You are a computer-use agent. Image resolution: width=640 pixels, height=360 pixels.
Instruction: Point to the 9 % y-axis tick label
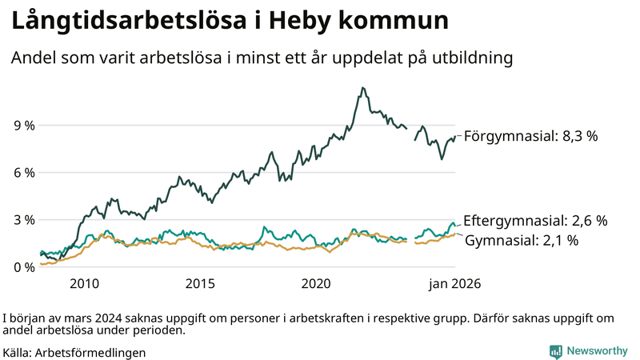24,126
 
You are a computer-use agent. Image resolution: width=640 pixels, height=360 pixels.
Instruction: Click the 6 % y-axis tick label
24,173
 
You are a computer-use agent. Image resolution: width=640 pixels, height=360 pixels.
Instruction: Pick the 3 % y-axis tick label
24,220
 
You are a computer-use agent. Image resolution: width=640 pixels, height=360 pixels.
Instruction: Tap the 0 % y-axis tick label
24,267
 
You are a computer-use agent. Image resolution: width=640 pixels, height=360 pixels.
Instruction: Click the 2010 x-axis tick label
85,284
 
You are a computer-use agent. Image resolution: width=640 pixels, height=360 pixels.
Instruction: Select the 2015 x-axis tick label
201,284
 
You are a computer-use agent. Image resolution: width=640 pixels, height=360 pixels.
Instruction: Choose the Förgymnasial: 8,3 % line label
530,136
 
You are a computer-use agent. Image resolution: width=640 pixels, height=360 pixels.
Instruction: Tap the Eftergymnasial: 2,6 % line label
535,220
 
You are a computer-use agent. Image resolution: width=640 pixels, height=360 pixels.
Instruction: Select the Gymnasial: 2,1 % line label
522,240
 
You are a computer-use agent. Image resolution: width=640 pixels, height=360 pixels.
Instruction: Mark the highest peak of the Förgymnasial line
363,88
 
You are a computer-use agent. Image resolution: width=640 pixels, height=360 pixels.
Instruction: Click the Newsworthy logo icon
555,351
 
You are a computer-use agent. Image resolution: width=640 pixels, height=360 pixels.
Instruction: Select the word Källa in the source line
17,352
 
